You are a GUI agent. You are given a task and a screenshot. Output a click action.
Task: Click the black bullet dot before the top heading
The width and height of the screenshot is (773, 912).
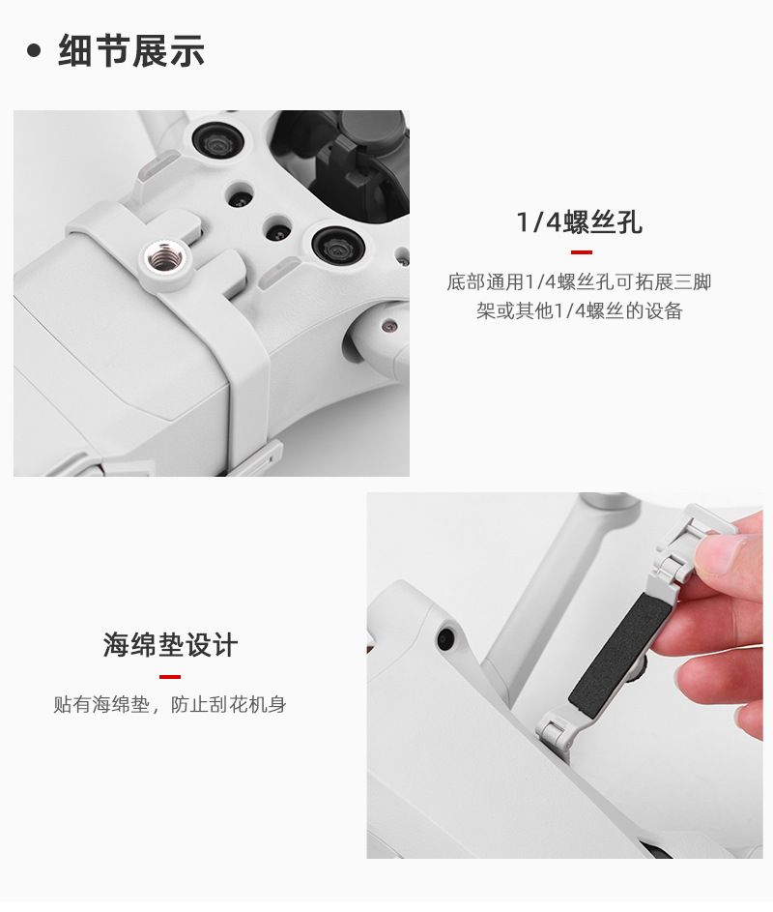coord(34,50)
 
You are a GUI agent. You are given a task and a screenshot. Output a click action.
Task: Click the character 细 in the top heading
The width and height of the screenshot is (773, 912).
coord(75,50)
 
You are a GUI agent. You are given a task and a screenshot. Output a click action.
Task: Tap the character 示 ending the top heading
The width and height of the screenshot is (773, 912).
coord(187,50)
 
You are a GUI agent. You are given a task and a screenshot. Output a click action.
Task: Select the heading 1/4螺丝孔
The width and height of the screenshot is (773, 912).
coord(580,222)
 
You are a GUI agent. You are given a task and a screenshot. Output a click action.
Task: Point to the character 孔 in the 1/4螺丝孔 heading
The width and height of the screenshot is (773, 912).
coord(629,222)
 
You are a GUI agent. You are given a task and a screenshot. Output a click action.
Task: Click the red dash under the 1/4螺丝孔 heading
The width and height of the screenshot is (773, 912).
coord(582,252)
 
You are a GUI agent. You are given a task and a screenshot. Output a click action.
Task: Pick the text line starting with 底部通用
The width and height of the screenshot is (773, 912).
coord(579,282)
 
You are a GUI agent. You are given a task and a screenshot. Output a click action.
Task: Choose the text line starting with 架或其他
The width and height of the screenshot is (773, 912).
coord(580,311)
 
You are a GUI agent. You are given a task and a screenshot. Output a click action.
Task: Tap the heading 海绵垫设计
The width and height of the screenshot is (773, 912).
coord(171,645)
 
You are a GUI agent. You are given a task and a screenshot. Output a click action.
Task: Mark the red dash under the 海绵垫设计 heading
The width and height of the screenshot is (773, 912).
coord(170,676)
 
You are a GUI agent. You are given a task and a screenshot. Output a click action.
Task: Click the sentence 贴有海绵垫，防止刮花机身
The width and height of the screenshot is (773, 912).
coord(170,705)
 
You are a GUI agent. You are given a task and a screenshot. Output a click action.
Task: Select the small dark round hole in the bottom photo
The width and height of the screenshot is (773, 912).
coord(446,637)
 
